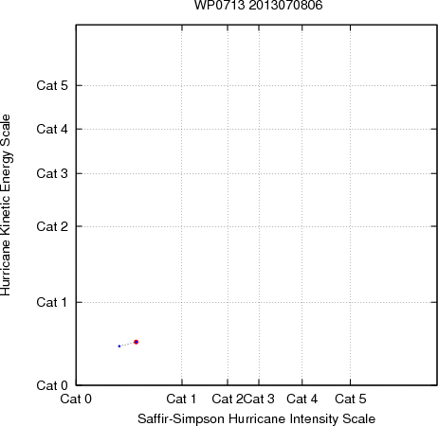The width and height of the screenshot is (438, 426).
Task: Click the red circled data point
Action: click(x=137, y=342)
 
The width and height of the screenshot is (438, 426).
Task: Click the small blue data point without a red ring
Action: click(x=119, y=346)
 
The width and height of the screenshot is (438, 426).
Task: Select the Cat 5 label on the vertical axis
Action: click(x=52, y=85)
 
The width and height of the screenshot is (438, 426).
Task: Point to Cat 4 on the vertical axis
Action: click(x=52, y=129)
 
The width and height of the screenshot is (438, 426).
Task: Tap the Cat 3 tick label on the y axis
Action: click(x=52, y=173)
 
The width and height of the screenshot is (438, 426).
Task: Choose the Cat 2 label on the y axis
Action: click(x=52, y=226)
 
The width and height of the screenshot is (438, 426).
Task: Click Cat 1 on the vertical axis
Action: click(x=52, y=302)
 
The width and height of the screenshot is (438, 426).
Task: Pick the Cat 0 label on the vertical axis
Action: click(x=52, y=385)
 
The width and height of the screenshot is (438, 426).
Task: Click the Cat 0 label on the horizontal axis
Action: click(x=76, y=399)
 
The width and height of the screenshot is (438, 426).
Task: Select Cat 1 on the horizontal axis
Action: click(x=181, y=399)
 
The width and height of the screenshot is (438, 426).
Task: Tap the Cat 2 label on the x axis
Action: click(x=228, y=399)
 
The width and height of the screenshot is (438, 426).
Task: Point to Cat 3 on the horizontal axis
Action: click(x=259, y=399)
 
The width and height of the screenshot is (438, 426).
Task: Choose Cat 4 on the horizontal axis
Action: click(x=302, y=399)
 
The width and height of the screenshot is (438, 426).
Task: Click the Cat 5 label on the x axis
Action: click(x=351, y=399)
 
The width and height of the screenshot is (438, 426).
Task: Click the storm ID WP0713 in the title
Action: click(x=220, y=6)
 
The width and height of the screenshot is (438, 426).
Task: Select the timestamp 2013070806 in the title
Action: click(x=285, y=6)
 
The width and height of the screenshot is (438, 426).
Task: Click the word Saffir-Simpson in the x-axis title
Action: click(x=181, y=419)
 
